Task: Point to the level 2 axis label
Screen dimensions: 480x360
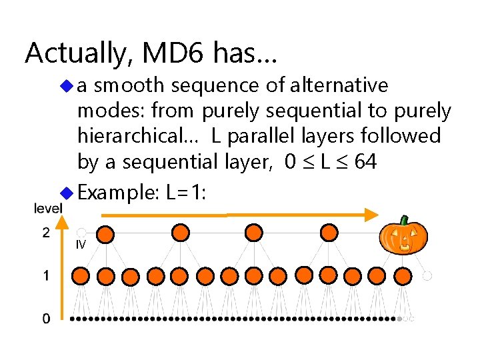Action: [45, 233]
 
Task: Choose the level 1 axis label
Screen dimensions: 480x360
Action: [45, 275]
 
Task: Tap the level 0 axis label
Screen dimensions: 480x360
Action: [45, 319]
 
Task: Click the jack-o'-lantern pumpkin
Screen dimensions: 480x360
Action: [402, 237]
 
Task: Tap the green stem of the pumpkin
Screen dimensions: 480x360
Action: [404, 220]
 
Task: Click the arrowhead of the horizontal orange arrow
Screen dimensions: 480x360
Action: [370, 214]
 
